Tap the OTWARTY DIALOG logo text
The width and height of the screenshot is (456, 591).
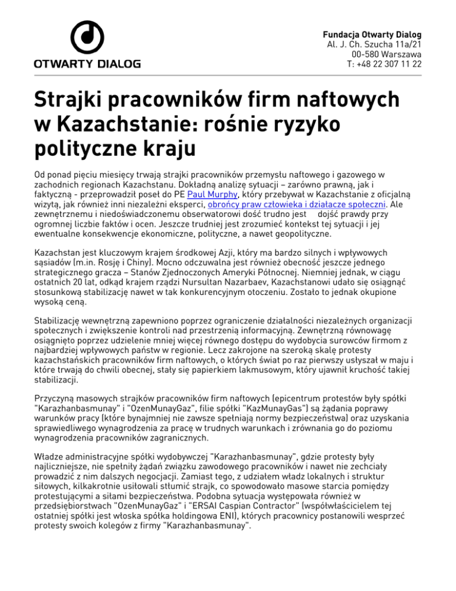(x=88, y=64)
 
